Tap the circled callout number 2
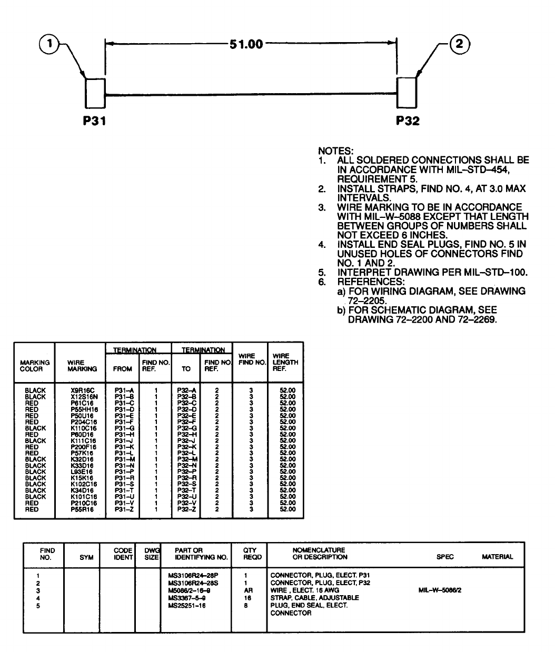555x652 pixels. click(459, 45)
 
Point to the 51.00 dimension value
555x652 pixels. click(246, 44)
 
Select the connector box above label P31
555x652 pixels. click(95, 92)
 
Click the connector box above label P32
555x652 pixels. click(407, 92)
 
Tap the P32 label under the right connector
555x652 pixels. click(408, 121)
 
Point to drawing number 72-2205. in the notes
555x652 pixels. click(367, 301)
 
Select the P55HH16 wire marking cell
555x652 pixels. click(83, 409)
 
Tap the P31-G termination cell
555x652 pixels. click(123, 428)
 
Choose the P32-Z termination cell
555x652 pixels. click(186, 509)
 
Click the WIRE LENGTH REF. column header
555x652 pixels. click(285, 362)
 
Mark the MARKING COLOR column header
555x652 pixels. click(35, 366)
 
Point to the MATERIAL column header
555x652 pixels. click(497, 557)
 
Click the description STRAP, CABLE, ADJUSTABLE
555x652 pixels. click(314, 598)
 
